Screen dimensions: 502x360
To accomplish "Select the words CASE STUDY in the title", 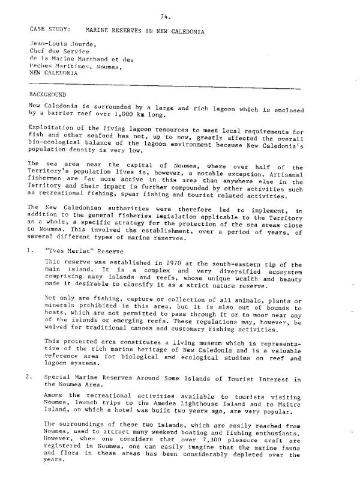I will click(x=49, y=29).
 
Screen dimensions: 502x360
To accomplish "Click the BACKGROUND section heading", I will click(x=47, y=95).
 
